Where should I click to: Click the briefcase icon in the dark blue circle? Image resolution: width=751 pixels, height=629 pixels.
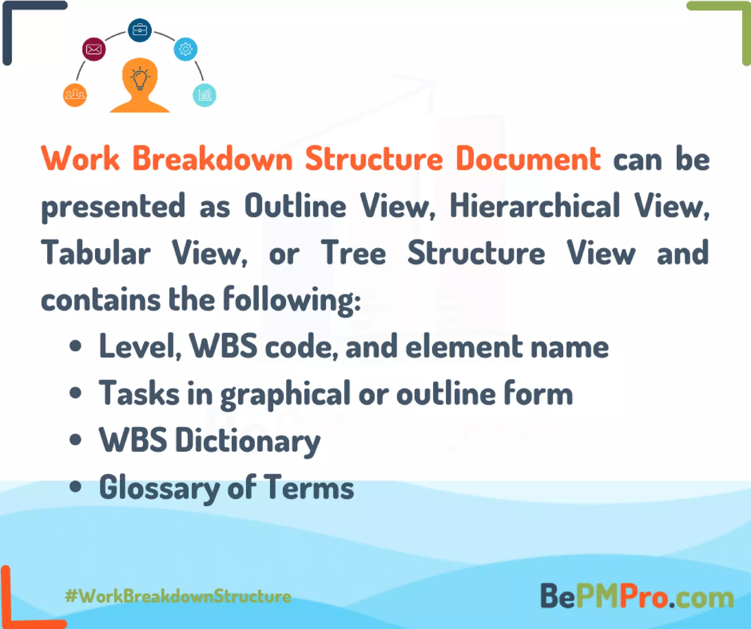tap(139, 30)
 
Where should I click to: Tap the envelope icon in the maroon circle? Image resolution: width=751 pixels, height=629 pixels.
tap(94, 49)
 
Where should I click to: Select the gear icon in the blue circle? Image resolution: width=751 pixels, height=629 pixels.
tap(186, 49)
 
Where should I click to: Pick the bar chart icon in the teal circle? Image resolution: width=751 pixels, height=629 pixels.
tap(205, 95)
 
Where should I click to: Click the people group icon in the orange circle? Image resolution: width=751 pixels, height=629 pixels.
tap(75, 95)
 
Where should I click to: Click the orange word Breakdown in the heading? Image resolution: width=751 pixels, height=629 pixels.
tap(213, 159)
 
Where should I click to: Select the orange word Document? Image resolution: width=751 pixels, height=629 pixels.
tap(528, 159)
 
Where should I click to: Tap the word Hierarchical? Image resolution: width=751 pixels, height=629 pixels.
tap(535, 206)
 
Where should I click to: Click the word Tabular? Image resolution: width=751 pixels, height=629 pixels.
tap(96, 253)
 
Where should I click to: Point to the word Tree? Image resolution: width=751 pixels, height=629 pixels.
tap(353, 253)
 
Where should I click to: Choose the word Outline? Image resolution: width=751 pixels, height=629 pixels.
tap(296, 206)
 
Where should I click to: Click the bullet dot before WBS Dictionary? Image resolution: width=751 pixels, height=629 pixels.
tap(76, 440)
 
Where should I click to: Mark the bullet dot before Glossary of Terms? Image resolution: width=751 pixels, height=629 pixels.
tap(76, 487)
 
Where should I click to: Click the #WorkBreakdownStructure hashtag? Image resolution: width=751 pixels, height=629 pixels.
tap(178, 596)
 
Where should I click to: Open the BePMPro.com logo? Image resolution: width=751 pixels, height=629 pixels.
tap(637, 596)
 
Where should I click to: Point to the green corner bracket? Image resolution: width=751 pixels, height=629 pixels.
tap(730, 22)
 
